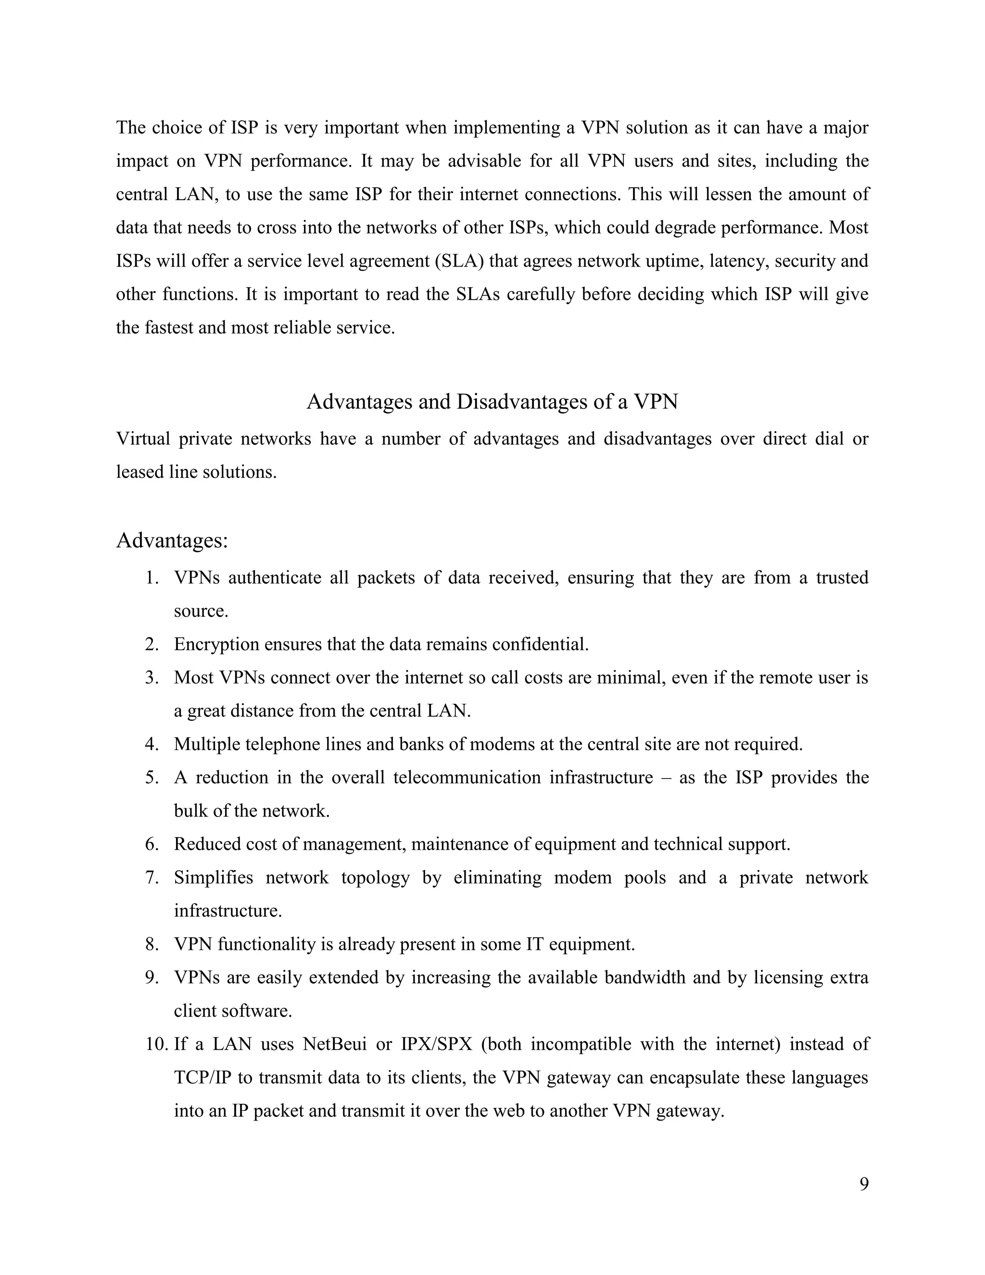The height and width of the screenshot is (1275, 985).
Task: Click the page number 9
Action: tap(864, 1184)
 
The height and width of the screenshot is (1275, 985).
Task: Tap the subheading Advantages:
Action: tap(172, 541)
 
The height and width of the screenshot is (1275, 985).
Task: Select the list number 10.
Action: tap(156, 1044)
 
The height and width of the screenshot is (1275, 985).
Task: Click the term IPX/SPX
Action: tap(437, 1044)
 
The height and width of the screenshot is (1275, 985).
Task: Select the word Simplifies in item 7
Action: tap(214, 878)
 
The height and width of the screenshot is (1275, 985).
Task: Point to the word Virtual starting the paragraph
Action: tap(143, 438)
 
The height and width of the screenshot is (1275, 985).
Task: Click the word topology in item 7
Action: tap(375, 878)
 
